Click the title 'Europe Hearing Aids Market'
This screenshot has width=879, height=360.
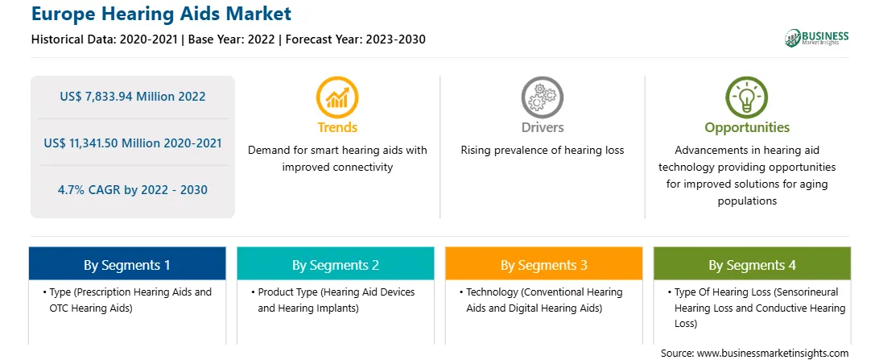[162, 14]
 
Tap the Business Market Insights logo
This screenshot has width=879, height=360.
[816, 38]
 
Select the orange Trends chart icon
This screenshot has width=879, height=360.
[337, 97]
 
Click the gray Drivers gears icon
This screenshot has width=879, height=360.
[542, 97]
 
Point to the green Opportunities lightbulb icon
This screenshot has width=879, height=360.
[747, 97]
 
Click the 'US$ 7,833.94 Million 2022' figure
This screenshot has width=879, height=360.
[133, 97]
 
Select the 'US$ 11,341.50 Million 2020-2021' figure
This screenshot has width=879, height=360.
[133, 143]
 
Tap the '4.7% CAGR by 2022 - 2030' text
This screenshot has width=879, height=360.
[133, 190]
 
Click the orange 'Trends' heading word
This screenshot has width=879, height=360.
[337, 127]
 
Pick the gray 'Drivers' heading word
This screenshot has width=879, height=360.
[542, 127]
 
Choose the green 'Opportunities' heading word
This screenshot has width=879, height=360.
[747, 127]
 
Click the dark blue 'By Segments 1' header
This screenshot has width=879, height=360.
[127, 265]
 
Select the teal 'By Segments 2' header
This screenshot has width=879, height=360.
[335, 265]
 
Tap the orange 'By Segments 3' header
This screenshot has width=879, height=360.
[544, 265]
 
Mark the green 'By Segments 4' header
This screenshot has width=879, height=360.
[753, 265]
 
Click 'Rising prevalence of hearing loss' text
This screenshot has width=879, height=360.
[542, 151]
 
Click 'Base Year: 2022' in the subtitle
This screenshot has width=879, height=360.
[231, 39]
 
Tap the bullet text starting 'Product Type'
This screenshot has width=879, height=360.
[336, 300]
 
